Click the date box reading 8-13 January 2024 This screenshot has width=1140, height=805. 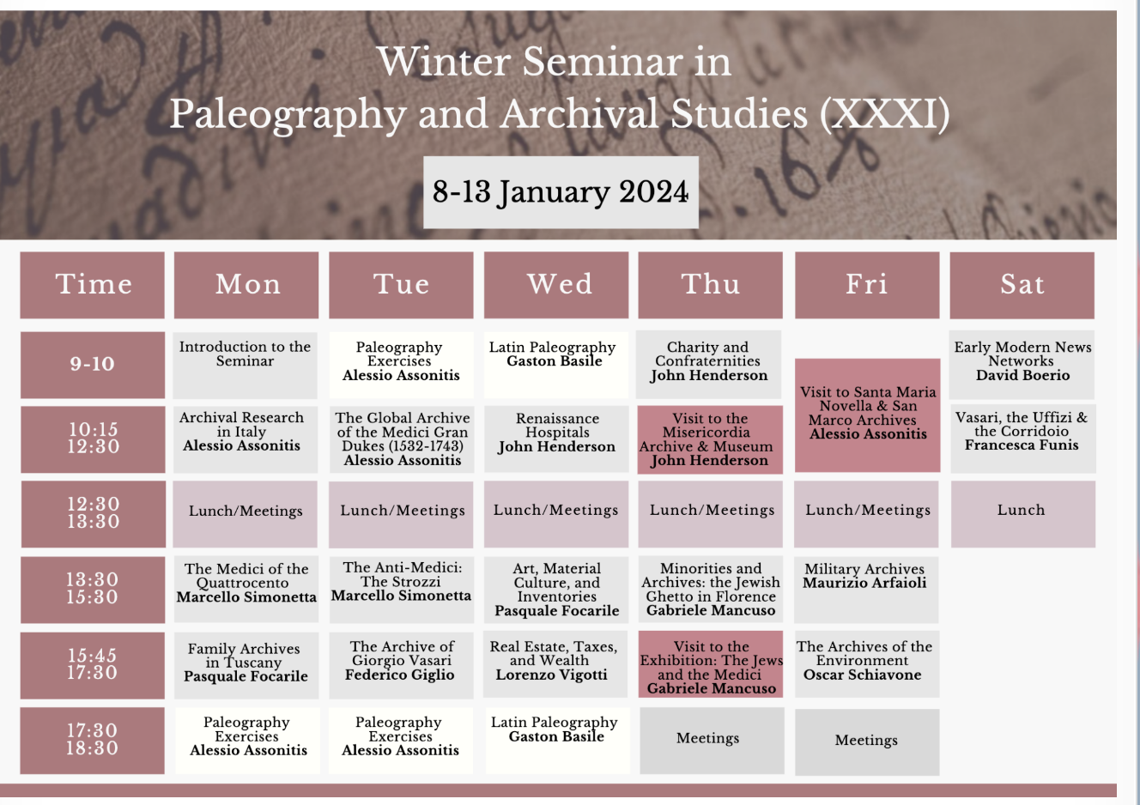point(561,192)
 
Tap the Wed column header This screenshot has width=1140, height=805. point(556,285)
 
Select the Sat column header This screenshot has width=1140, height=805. point(1022,286)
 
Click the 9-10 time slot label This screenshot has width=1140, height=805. point(93,365)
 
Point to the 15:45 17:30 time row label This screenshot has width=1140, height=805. point(93,665)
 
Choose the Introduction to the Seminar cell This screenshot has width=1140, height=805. point(245,365)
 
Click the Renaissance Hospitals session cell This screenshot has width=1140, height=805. point(556,439)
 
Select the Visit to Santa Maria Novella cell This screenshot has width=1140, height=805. point(868,415)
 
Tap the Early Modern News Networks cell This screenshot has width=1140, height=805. point(1022,365)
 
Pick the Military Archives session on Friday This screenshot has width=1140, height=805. point(866,590)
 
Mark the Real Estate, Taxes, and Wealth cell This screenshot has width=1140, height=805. point(555,664)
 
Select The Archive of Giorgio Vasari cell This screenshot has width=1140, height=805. point(401,666)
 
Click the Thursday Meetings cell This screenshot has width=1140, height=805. point(712,741)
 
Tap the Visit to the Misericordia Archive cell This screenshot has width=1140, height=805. point(710,439)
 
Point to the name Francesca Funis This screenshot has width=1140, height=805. point(1022,445)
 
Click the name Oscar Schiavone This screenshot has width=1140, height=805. point(862,675)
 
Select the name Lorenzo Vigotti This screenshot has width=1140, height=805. point(552,675)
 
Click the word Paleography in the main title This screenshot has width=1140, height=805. point(288,115)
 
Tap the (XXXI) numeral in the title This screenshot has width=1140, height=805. point(884,114)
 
